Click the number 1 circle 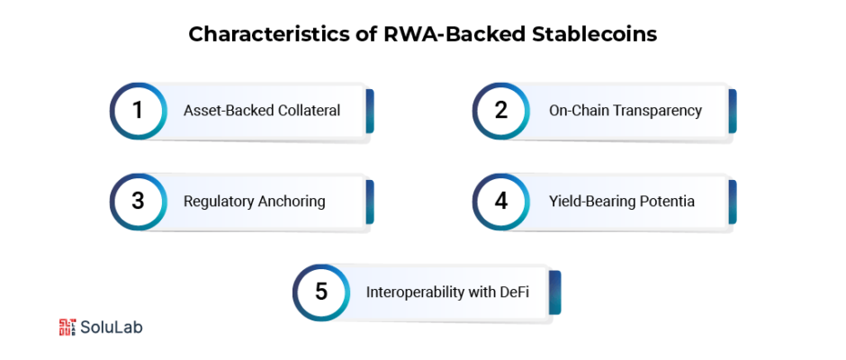click(x=138, y=111)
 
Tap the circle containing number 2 click(x=500, y=111)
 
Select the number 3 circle click(x=138, y=202)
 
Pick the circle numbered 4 click(x=500, y=202)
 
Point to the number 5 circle click(x=321, y=292)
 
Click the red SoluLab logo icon click(x=67, y=327)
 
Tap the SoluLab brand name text click(x=112, y=327)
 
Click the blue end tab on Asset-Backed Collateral click(x=370, y=112)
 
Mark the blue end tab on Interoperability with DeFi click(x=557, y=292)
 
